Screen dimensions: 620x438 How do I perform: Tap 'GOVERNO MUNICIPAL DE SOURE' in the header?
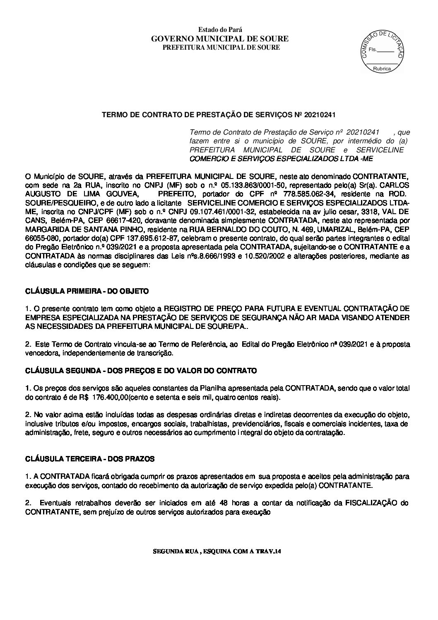(x=220, y=39)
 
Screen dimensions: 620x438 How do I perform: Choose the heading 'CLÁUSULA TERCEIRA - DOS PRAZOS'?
(x=90, y=459)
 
